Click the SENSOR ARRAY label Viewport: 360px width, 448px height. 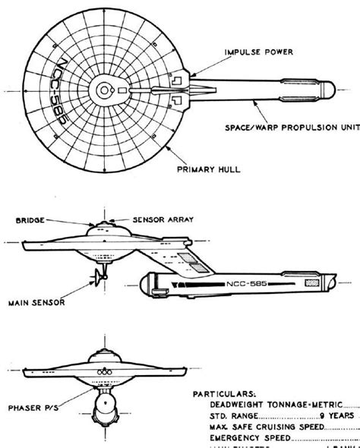tap(161, 218)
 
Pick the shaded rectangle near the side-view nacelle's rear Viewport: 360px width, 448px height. tap(312, 281)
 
